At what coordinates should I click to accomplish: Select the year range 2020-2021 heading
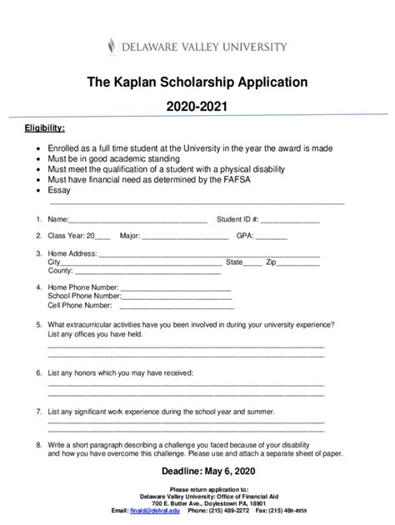click(x=197, y=107)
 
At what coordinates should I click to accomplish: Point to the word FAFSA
click(x=236, y=178)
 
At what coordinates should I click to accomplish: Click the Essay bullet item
click(x=59, y=190)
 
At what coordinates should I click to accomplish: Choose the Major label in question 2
click(x=130, y=236)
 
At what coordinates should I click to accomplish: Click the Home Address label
click(x=72, y=253)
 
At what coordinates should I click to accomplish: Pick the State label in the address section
click(x=232, y=262)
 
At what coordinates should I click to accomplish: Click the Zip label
click(x=271, y=262)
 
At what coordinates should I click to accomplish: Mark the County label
click(x=61, y=271)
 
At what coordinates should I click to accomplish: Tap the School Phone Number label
click(x=84, y=296)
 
